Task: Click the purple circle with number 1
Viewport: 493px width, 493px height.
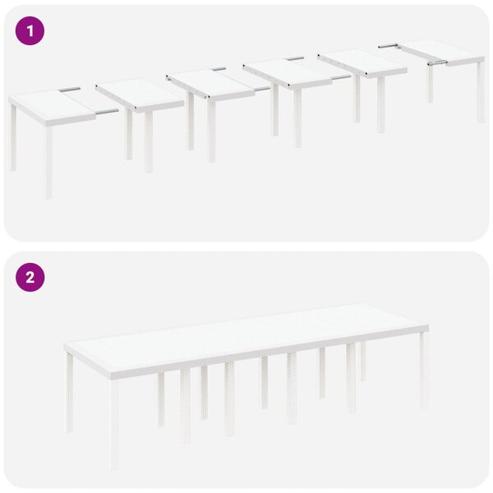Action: (x=30, y=31)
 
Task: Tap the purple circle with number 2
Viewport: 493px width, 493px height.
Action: (x=30, y=278)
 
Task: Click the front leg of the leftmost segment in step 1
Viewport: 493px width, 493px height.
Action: (x=48, y=162)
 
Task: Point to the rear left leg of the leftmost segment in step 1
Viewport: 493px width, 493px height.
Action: (x=12, y=137)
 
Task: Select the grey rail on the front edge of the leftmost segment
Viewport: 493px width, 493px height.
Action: (x=107, y=112)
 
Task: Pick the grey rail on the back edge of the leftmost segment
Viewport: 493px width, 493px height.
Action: (x=70, y=90)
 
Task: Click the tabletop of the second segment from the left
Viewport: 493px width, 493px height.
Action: (x=140, y=94)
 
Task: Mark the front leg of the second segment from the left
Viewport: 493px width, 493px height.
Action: (x=149, y=141)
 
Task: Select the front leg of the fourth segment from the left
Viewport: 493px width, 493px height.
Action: (x=297, y=117)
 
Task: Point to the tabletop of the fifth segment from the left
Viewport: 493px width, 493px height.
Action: (x=362, y=63)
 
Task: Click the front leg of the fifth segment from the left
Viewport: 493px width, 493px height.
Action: (x=380, y=105)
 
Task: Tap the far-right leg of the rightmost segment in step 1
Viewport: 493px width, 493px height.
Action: (x=481, y=92)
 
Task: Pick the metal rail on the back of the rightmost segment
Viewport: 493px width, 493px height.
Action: (x=389, y=46)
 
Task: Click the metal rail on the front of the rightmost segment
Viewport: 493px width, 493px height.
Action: (x=437, y=62)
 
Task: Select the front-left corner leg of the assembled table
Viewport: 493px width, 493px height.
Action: (x=113, y=425)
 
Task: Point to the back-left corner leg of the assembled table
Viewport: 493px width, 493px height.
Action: (x=70, y=392)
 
